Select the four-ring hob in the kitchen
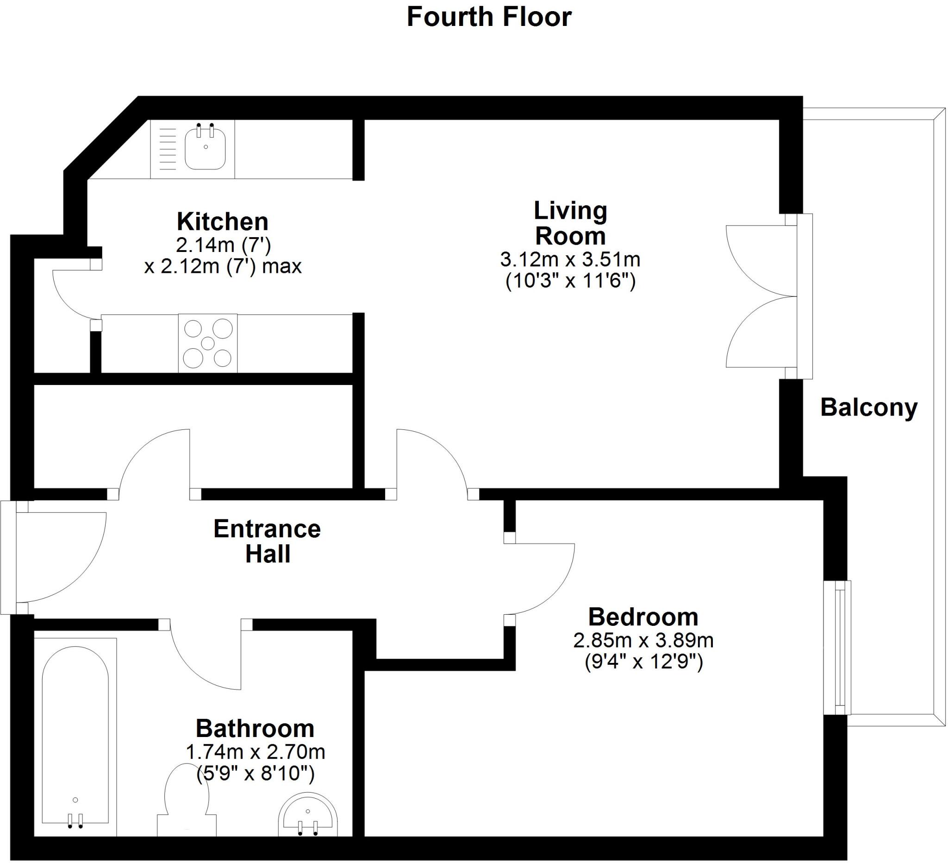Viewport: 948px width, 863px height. coord(208,344)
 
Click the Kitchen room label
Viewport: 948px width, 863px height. coord(223,221)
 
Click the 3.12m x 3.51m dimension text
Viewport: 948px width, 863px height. coord(570,259)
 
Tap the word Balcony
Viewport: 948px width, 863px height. coord(868,407)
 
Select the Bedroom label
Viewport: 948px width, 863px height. coord(643,617)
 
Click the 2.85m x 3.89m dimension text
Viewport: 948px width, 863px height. coord(643,641)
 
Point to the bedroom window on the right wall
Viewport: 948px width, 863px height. coord(838,648)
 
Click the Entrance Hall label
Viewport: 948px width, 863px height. coord(267,542)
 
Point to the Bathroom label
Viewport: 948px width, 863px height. coord(255,729)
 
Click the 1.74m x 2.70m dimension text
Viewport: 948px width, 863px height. coord(255,752)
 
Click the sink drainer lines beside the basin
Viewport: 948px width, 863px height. coord(168,149)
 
